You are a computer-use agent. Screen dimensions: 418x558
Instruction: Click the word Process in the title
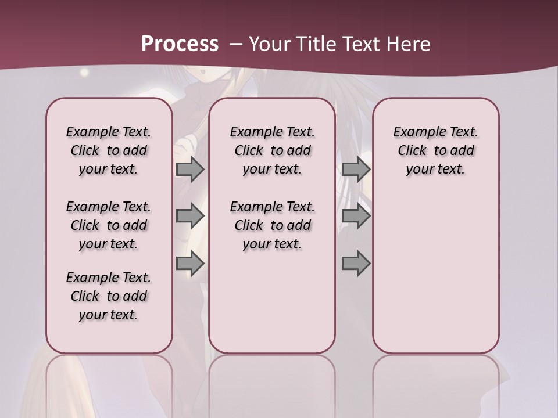180,44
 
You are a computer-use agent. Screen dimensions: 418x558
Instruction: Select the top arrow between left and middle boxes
190,169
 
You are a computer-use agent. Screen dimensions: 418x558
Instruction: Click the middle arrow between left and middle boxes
190,216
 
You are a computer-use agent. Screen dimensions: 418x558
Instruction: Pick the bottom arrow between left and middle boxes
190,264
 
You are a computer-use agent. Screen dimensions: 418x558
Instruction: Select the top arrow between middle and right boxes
356,169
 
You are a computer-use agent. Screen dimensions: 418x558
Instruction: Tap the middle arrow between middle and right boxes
356,216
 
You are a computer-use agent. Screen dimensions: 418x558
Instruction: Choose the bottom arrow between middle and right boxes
356,264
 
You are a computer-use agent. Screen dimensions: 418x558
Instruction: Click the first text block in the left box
109,150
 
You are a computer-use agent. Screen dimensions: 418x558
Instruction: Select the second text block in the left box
109,225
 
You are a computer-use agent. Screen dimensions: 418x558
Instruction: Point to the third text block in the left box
109,296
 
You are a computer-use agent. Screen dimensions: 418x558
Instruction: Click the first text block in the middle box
272,150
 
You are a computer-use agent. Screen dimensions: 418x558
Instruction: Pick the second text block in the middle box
272,225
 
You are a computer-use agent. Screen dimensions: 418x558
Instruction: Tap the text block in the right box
436,150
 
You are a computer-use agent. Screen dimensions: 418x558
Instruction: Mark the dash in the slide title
236,44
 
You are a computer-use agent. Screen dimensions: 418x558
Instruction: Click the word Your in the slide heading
269,44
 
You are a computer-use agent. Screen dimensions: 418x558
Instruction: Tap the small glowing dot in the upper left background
85,73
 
